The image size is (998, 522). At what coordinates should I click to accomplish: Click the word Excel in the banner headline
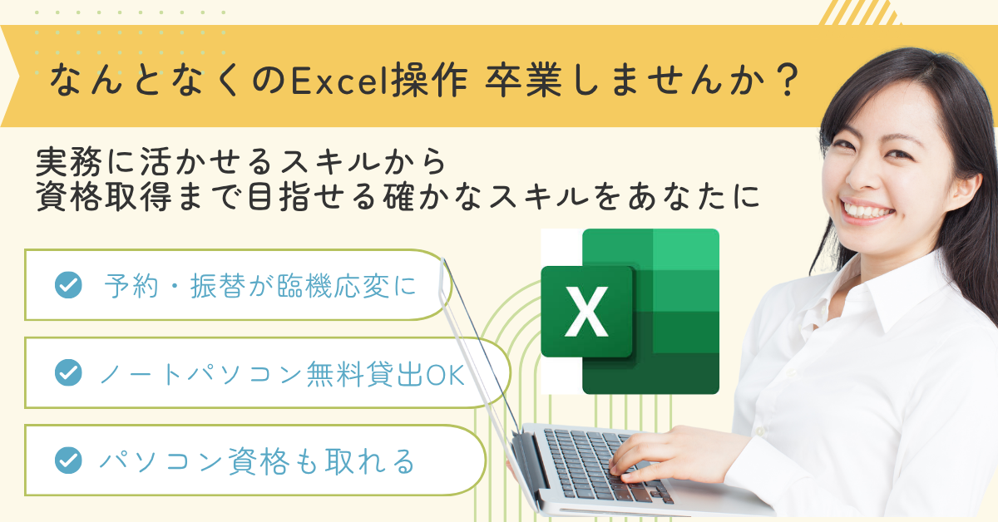click(340, 81)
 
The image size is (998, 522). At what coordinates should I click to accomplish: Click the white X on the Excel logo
click(586, 312)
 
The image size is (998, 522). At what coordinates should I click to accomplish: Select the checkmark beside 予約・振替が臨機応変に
click(68, 284)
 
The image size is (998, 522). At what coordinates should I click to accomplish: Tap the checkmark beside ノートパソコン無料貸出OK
click(68, 372)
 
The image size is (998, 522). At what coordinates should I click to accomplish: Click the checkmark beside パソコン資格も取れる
click(68, 460)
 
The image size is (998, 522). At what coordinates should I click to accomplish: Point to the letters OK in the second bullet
click(446, 375)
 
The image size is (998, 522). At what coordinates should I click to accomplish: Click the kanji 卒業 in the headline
click(523, 81)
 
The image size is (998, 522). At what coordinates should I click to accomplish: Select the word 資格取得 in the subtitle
click(103, 196)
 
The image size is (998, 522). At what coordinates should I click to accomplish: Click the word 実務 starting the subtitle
click(69, 162)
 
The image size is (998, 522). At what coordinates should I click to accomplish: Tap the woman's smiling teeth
click(867, 209)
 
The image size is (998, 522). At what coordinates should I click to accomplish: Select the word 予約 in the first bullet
click(131, 285)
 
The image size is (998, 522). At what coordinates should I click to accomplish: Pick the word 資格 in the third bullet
click(259, 461)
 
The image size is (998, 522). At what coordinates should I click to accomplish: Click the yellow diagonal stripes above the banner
click(860, 12)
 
